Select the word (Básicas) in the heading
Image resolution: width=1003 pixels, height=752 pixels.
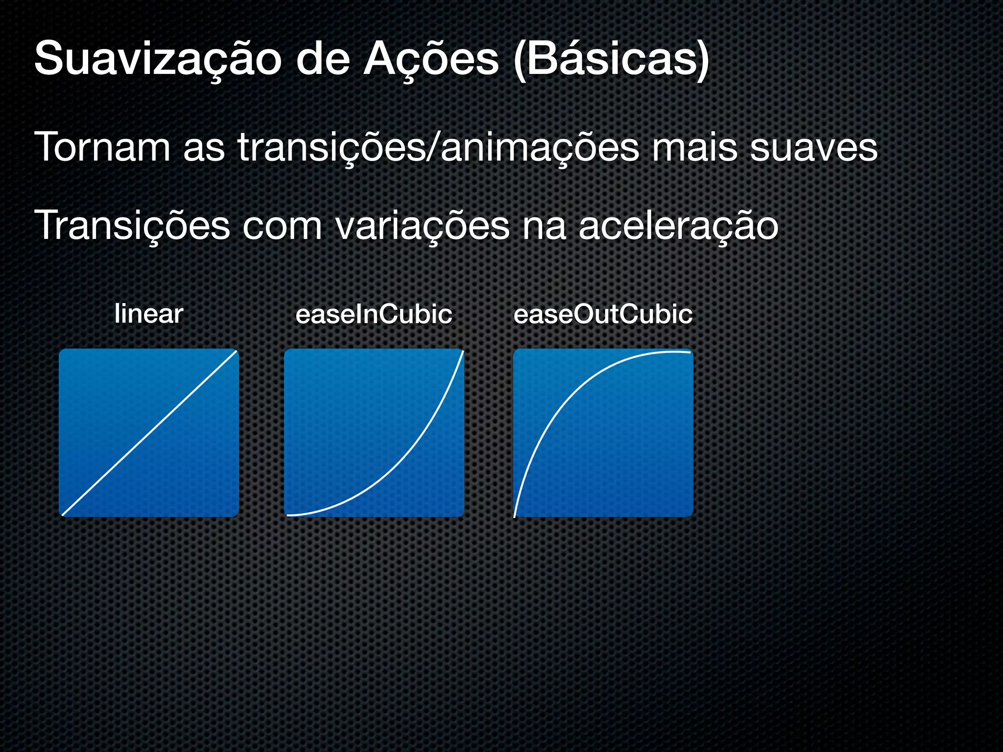click(611, 60)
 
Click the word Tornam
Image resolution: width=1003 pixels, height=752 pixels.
click(102, 147)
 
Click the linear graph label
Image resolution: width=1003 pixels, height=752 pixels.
click(149, 314)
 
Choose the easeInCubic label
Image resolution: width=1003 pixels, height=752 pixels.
click(374, 314)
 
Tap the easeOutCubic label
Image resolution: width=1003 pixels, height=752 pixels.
click(603, 314)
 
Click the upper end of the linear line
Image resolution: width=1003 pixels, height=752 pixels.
click(236, 352)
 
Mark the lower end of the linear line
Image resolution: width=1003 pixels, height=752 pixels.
click(63, 515)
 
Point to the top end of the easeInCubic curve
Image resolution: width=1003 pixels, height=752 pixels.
click(462, 352)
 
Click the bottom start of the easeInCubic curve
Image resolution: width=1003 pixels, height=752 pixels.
click(288, 515)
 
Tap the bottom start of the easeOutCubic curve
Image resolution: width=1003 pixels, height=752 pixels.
click(514, 516)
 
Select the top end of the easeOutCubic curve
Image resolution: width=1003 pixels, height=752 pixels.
click(691, 352)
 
